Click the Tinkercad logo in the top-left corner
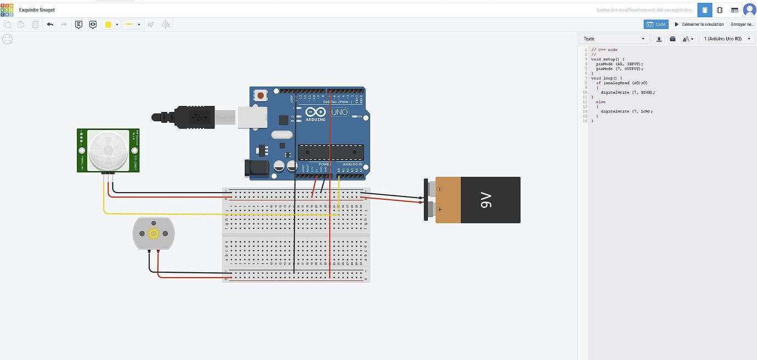coord(7,10)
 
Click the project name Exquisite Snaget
coord(37,10)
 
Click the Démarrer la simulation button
coord(699,24)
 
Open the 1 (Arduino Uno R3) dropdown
coord(726,39)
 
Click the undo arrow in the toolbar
coord(50,24)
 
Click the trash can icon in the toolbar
coord(35,24)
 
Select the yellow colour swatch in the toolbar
coord(109,24)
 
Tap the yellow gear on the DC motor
coord(153,234)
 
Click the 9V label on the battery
coord(486,200)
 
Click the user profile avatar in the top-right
coord(749,10)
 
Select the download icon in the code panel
coord(659,39)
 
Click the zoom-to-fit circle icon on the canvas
coord(7,39)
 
